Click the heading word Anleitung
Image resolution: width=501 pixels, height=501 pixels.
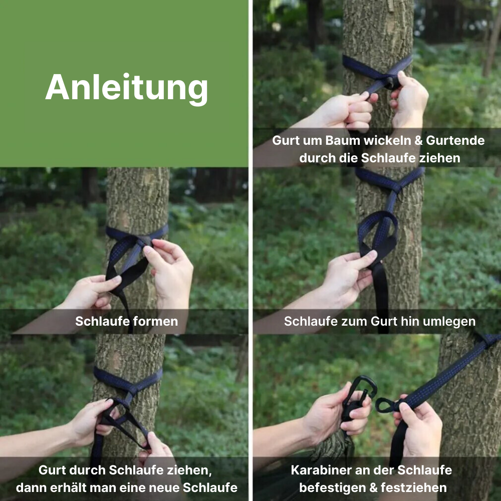127,89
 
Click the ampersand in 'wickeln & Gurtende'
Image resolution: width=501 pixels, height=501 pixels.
418,141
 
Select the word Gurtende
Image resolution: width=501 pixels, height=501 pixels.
455,141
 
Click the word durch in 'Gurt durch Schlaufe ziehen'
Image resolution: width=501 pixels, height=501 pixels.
88,470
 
